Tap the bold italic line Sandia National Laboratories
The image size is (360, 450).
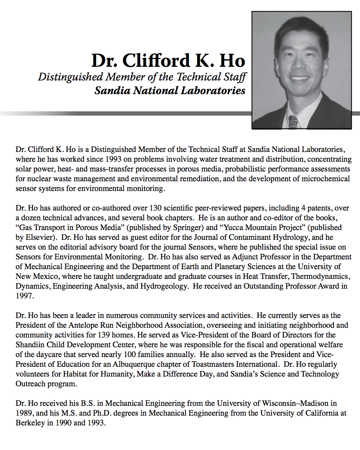[170, 91]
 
